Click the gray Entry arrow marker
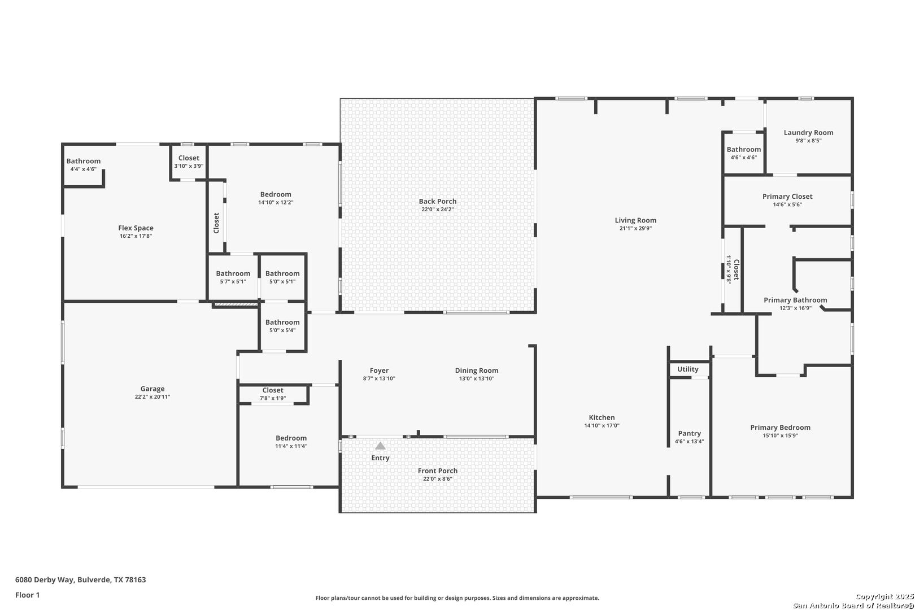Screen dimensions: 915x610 click(x=380, y=446)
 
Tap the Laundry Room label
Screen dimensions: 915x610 click(x=808, y=132)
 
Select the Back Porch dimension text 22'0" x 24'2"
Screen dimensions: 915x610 click(x=438, y=209)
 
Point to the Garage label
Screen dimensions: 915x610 click(x=152, y=389)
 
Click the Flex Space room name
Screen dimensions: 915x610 click(x=136, y=228)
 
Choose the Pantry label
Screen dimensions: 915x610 click(x=690, y=433)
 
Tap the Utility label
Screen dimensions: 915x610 click(x=688, y=369)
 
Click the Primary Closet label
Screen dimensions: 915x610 click(x=787, y=196)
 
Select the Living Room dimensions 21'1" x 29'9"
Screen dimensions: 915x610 click(x=635, y=228)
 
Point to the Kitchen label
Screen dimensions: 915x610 click(x=602, y=417)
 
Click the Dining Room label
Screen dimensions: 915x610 click(x=477, y=370)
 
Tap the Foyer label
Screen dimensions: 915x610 click(x=379, y=370)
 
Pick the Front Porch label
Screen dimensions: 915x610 click(x=438, y=470)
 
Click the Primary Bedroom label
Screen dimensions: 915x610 click(x=780, y=428)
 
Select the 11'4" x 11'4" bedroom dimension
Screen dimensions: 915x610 click(x=291, y=446)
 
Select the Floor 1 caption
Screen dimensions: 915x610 click(x=27, y=595)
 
